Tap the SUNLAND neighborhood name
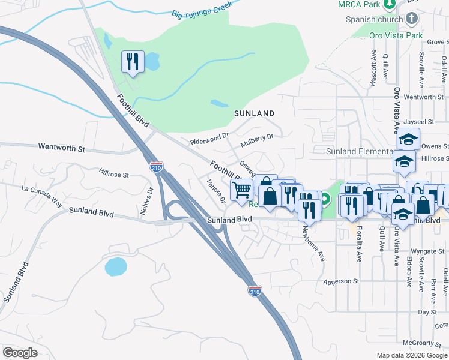pyautogui.click(x=254, y=113)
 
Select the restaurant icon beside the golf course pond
pyautogui.click(x=133, y=61)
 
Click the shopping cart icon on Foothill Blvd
pyautogui.click(x=242, y=190)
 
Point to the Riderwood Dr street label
pyautogui.click(x=210, y=139)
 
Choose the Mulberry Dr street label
pyautogui.click(x=257, y=140)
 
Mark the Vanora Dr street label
pyautogui.click(x=215, y=191)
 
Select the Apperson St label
pyautogui.click(x=340, y=281)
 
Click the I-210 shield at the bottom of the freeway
pyautogui.click(x=255, y=291)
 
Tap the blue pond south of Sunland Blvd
pyautogui.click(x=116, y=266)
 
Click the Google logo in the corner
pyautogui.click(x=20, y=353)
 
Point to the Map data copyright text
pyautogui.click(x=411, y=355)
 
